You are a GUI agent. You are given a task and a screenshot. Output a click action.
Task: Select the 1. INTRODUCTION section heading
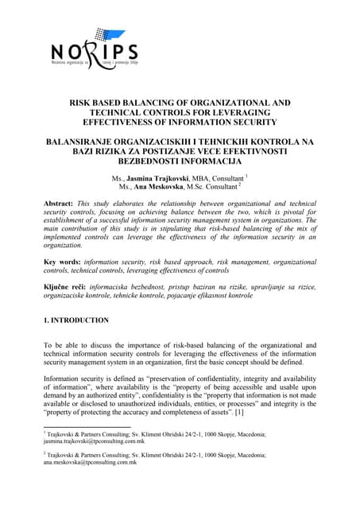click(76, 321)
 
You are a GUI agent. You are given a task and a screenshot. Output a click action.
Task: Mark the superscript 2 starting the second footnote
click(45, 454)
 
